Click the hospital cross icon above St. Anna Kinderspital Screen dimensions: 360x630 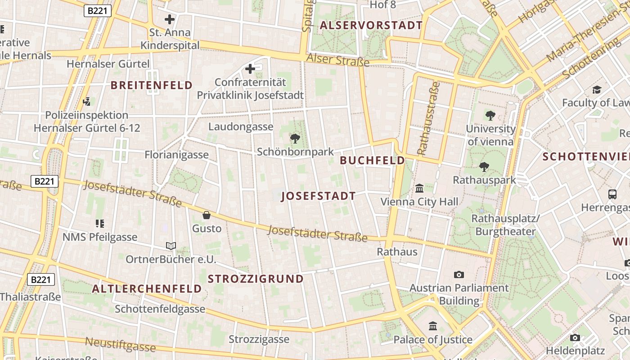[170, 19]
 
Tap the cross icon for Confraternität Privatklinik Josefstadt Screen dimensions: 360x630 [250, 69]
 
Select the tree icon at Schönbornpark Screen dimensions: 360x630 [295, 139]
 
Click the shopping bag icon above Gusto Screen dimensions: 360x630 [207, 215]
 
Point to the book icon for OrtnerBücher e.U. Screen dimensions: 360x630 [171, 246]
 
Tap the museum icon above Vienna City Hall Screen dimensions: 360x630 [419, 188]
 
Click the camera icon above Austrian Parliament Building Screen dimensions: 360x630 [459, 274]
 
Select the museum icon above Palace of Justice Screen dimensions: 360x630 [433, 326]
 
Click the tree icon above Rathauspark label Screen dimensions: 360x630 [484, 167]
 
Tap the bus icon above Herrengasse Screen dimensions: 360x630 [612, 194]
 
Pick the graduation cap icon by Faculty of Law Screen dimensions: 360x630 [597, 90]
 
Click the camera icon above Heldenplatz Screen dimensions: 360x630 [575, 337]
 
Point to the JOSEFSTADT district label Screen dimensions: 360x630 [318, 196]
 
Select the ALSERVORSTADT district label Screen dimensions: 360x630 [371, 26]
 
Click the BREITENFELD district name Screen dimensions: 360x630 [151, 85]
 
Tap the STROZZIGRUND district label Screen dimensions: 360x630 [256, 279]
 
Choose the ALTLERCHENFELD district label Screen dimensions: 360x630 [147, 289]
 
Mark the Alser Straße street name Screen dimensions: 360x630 [337, 59]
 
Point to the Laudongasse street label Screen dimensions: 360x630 [240, 127]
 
